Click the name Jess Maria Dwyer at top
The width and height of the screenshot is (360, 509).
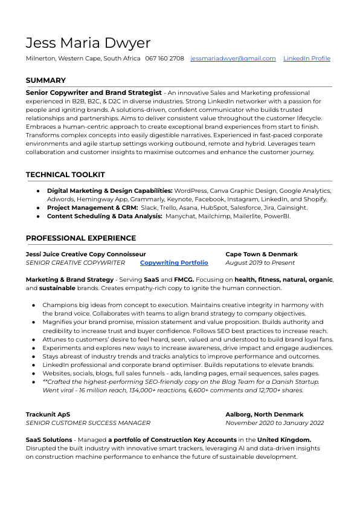(88, 43)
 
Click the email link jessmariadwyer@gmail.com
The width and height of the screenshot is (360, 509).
(233, 59)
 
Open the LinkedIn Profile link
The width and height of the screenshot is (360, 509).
(307, 59)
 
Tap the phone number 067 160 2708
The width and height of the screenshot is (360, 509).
(164, 59)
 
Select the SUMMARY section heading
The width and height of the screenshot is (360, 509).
(46, 80)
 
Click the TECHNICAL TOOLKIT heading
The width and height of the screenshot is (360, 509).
(65, 175)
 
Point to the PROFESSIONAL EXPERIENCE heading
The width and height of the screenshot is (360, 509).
(81, 238)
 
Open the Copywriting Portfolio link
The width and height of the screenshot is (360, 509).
(174, 263)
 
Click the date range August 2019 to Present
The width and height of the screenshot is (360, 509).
(260, 263)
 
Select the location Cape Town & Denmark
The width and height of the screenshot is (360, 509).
(262, 254)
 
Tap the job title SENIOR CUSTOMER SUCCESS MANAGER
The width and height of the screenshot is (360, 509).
(88, 423)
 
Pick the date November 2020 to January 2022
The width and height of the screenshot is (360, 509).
(275, 423)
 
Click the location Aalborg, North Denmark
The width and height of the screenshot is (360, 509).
(265, 414)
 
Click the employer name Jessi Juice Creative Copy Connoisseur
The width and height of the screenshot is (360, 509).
(86, 254)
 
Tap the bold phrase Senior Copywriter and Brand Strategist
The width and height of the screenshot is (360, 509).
(94, 93)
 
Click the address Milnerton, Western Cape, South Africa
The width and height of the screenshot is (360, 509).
(83, 59)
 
